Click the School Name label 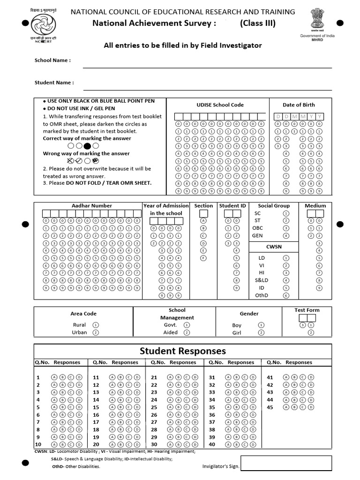[52, 60]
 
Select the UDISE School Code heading [220, 105]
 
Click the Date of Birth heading [299, 105]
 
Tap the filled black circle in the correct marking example [87, 146]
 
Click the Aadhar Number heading [91, 206]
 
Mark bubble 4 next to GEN [286, 236]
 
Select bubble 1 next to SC [286, 213]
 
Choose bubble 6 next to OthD [286, 296]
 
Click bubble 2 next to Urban [96, 332]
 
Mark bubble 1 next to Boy [261, 325]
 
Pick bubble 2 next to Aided [187, 332]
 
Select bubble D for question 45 [311, 407]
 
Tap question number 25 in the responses [154, 407]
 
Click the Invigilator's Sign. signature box [286, 463]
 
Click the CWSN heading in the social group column [274, 247]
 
